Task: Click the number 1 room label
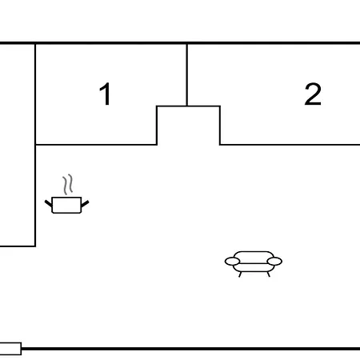point(106,94)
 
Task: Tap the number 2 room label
point(313,94)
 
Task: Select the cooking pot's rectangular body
point(66,205)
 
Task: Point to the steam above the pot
point(68,184)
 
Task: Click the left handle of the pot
point(49,203)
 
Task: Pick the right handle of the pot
point(85,204)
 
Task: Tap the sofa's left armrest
point(232,262)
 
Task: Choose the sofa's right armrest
point(274,262)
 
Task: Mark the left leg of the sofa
point(240,274)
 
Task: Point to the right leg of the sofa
point(268,274)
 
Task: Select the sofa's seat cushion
point(254,267)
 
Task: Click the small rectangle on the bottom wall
point(10,349)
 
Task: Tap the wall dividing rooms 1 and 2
point(187,75)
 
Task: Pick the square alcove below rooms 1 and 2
point(189,126)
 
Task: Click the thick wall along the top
point(180,42)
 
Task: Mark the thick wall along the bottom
point(190,349)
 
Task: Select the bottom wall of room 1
point(96,145)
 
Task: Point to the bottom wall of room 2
point(290,145)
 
